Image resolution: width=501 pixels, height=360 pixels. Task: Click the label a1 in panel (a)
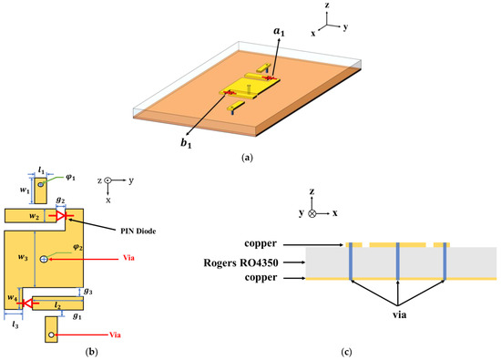[278, 32]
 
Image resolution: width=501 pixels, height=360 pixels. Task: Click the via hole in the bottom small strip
[52, 335]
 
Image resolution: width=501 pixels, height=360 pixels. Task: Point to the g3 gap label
[87, 291]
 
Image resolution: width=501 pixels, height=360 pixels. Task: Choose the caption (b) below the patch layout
[93, 352]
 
